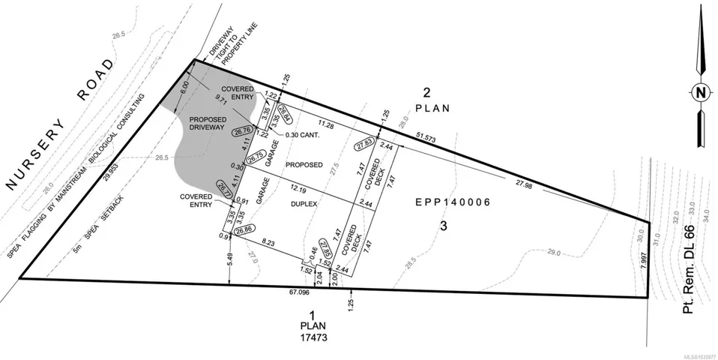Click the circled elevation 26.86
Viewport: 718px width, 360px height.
244,230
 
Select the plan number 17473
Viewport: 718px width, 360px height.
313,337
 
